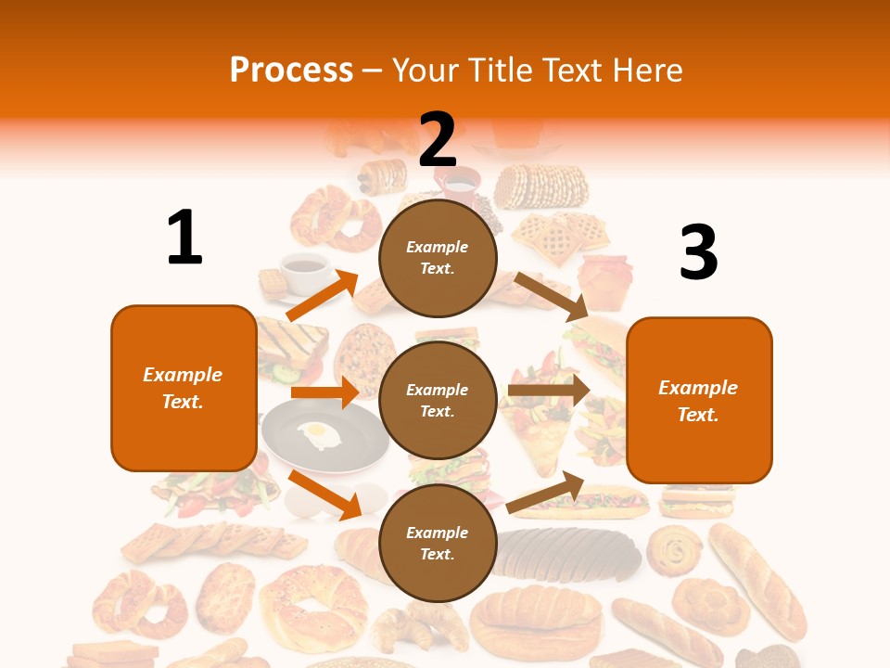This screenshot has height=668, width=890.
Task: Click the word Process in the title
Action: click(x=291, y=71)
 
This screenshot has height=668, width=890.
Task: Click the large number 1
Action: click(x=184, y=238)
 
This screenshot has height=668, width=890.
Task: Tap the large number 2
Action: click(x=438, y=139)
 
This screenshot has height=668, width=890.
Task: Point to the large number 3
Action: click(x=698, y=252)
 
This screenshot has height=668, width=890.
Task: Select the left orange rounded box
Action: click(x=184, y=388)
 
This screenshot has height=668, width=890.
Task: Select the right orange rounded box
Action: click(x=699, y=400)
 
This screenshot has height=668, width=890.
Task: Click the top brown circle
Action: click(x=438, y=258)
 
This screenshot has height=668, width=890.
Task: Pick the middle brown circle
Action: click(x=438, y=400)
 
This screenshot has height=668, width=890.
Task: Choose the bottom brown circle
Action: click(x=438, y=543)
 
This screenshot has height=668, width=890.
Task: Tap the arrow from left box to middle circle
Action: click(x=324, y=392)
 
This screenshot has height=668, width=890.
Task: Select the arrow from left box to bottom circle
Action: click(x=324, y=495)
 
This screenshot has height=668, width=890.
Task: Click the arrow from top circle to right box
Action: click(x=552, y=296)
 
